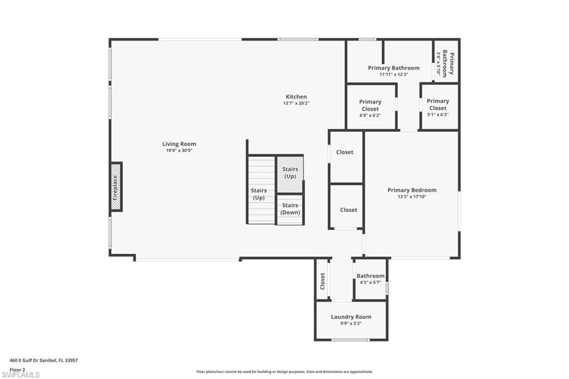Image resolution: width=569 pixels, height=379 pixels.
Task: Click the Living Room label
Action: [x=179, y=144]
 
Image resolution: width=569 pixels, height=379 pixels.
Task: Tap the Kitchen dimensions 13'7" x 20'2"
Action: [x=296, y=103]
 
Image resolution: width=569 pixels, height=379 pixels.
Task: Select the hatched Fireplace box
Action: [x=116, y=187]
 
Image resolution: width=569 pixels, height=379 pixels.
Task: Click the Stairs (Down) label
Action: [x=290, y=209]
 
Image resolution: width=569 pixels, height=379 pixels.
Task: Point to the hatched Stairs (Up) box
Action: [x=290, y=172]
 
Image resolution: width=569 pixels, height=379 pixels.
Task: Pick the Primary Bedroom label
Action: [x=412, y=190]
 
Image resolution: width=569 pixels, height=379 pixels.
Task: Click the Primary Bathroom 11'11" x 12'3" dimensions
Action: [x=393, y=74]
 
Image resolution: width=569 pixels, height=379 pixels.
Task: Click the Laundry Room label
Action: [x=351, y=317]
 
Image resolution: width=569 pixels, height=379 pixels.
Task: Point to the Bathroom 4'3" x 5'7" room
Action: [x=370, y=279]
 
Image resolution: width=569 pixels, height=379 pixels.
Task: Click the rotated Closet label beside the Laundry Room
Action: [x=322, y=281]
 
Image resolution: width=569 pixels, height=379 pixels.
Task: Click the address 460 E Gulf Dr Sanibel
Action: [x=44, y=360]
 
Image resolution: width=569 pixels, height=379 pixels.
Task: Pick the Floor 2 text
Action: [x=18, y=369]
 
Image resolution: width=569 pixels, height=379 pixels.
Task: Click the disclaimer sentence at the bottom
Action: [x=284, y=372]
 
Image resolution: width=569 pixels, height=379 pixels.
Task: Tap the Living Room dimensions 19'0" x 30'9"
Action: [x=179, y=151]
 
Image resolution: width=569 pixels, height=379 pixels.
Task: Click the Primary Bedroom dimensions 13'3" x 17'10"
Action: [x=412, y=197]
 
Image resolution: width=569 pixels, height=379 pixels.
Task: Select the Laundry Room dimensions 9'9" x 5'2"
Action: [x=351, y=323]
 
